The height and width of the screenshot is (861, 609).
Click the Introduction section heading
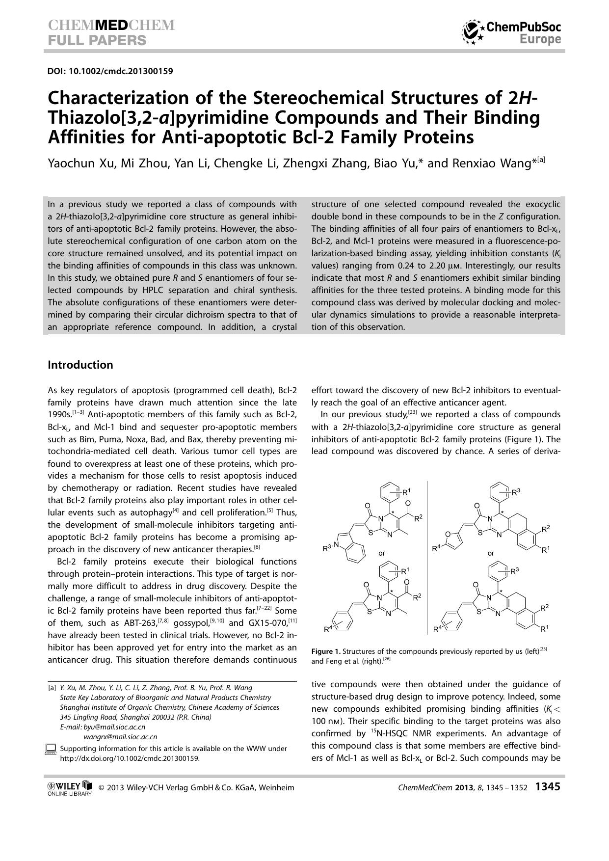point(80,365)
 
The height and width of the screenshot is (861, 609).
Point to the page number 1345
point(547,787)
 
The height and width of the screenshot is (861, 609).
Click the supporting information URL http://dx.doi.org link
point(130,758)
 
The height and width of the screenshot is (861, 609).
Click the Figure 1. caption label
point(326,651)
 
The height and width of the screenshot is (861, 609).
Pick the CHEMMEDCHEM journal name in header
point(111,26)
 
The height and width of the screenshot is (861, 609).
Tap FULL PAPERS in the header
point(97,40)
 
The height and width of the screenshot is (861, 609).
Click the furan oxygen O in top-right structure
point(448,534)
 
